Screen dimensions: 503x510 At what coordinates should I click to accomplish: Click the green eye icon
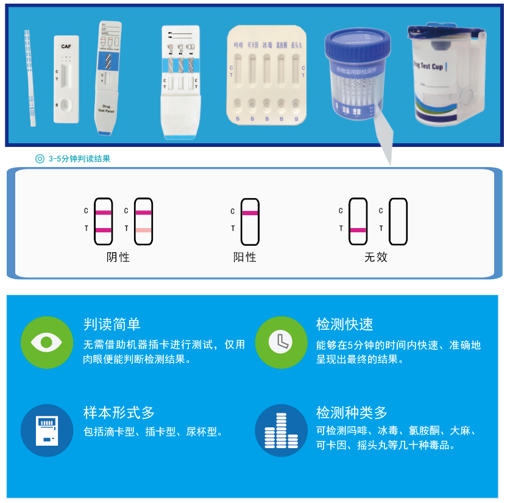click(x=46, y=342)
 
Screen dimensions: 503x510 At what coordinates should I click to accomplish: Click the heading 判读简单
click(x=112, y=324)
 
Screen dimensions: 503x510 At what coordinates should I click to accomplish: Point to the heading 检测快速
click(x=345, y=324)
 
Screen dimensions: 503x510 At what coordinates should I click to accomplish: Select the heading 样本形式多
click(x=119, y=413)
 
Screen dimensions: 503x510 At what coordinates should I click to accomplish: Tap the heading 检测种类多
click(x=352, y=413)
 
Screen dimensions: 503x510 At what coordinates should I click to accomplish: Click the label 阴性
click(x=118, y=257)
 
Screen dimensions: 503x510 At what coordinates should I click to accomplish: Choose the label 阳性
click(x=245, y=257)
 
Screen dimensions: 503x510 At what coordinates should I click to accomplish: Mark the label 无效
click(x=376, y=257)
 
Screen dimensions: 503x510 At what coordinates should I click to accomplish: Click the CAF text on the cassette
click(x=66, y=47)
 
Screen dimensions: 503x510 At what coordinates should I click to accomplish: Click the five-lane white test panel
click(x=266, y=74)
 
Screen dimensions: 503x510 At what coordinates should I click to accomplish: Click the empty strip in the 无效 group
click(x=398, y=221)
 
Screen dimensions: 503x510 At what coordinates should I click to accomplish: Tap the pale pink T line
click(x=144, y=230)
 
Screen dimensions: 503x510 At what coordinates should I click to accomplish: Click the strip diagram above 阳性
click(x=250, y=221)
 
